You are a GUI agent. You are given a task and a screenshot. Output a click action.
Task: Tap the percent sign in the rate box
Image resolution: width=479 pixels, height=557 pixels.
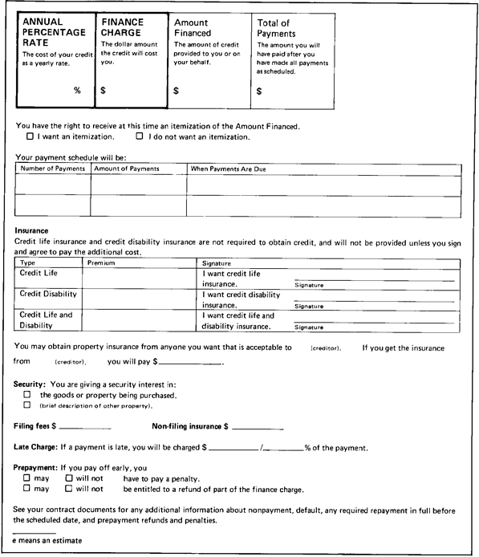pos(78,91)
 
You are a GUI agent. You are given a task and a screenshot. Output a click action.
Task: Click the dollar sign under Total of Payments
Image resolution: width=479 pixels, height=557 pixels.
pos(258,91)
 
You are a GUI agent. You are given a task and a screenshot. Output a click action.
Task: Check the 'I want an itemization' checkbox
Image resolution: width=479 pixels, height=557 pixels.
pos(30,137)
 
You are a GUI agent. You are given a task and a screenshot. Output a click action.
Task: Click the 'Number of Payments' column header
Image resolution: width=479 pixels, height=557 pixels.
pos(52,169)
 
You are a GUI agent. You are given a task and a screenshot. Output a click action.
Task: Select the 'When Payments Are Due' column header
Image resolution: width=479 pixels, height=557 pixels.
pos(227,169)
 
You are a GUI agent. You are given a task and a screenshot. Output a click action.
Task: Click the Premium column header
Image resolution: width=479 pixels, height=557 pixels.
pos(101,262)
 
